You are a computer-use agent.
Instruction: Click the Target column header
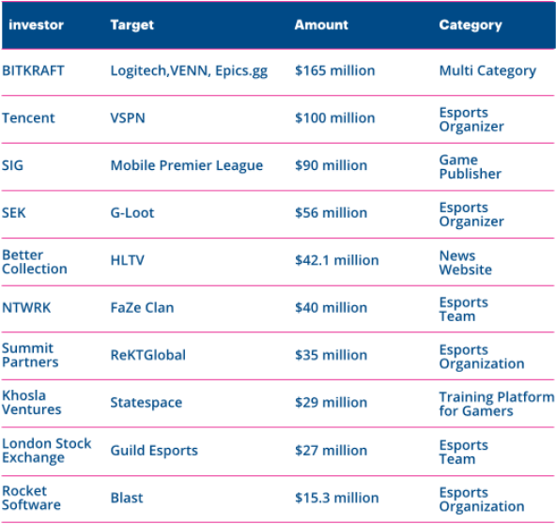click(x=131, y=25)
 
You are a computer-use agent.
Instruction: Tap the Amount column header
click(x=321, y=24)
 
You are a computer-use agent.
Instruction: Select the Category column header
click(x=471, y=25)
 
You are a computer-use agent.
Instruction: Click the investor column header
click(x=37, y=24)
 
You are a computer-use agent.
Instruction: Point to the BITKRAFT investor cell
click(x=33, y=70)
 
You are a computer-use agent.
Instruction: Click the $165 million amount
click(x=334, y=70)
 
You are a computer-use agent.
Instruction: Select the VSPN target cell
click(x=128, y=118)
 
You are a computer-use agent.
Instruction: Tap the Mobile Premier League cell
click(x=187, y=165)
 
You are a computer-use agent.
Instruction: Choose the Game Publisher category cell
click(x=471, y=166)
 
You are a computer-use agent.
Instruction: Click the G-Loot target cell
click(x=132, y=213)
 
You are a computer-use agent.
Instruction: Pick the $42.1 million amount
click(x=337, y=260)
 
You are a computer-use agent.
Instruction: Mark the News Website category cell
click(x=466, y=262)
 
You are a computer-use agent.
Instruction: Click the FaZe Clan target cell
click(x=142, y=308)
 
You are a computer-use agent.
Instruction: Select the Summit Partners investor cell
click(x=30, y=355)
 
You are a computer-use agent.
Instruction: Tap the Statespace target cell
click(x=147, y=403)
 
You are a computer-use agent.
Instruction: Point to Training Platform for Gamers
click(x=497, y=404)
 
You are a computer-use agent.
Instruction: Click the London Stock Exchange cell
click(x=46, y=450)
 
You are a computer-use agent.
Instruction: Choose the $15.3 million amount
click(x=337, y=498)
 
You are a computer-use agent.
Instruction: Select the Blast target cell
click(x=127, y=498)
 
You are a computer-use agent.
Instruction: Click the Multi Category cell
click(x=487, y=71)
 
